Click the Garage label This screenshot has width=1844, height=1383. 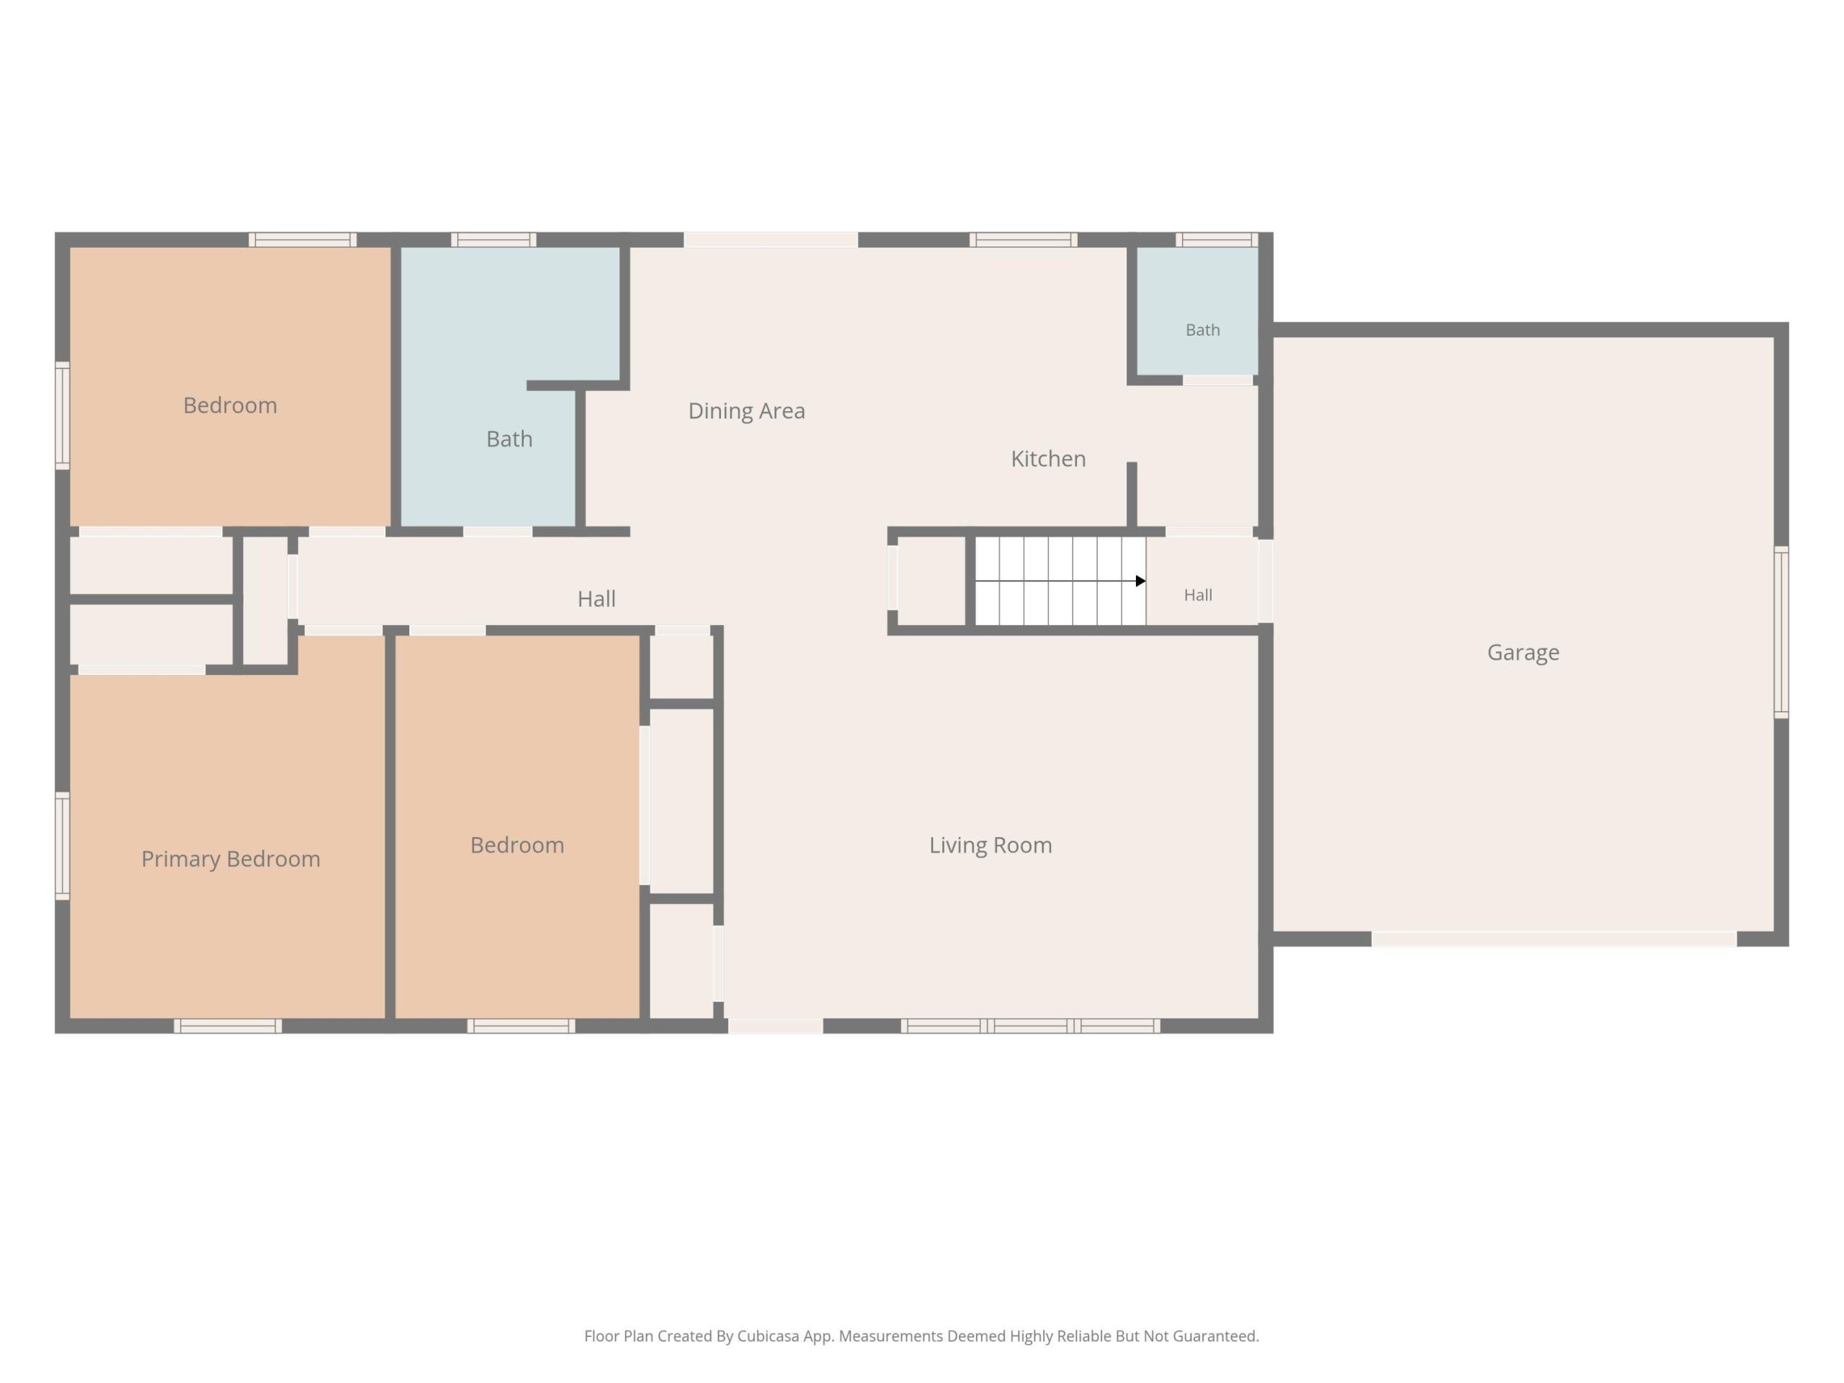tap(1523, 653)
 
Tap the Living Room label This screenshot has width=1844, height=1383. tap(990, 846)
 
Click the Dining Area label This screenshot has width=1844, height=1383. tap(746, 411)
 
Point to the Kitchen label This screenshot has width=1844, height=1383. tap(1048, 459)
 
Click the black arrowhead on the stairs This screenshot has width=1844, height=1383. tap(1140, 581)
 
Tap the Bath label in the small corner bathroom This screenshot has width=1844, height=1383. tap(1202, 330)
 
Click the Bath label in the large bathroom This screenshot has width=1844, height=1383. tap(509, 439)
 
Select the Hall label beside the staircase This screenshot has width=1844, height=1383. tap(1198, 595)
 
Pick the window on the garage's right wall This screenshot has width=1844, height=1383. tap(1781, 632)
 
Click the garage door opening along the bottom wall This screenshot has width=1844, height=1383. tap(1554, 939)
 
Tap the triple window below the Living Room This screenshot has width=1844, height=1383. tap(1030, 1026)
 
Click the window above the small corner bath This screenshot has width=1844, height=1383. tap(1217, 240)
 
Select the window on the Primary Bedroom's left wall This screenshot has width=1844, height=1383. tap(63, 846)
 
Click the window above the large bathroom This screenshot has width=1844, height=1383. tap(493, 240)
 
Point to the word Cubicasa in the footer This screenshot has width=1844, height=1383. tap(768, 1336)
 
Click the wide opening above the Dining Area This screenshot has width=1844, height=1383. tap(771, 240)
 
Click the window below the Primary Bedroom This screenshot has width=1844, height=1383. tap(228, 1026)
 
